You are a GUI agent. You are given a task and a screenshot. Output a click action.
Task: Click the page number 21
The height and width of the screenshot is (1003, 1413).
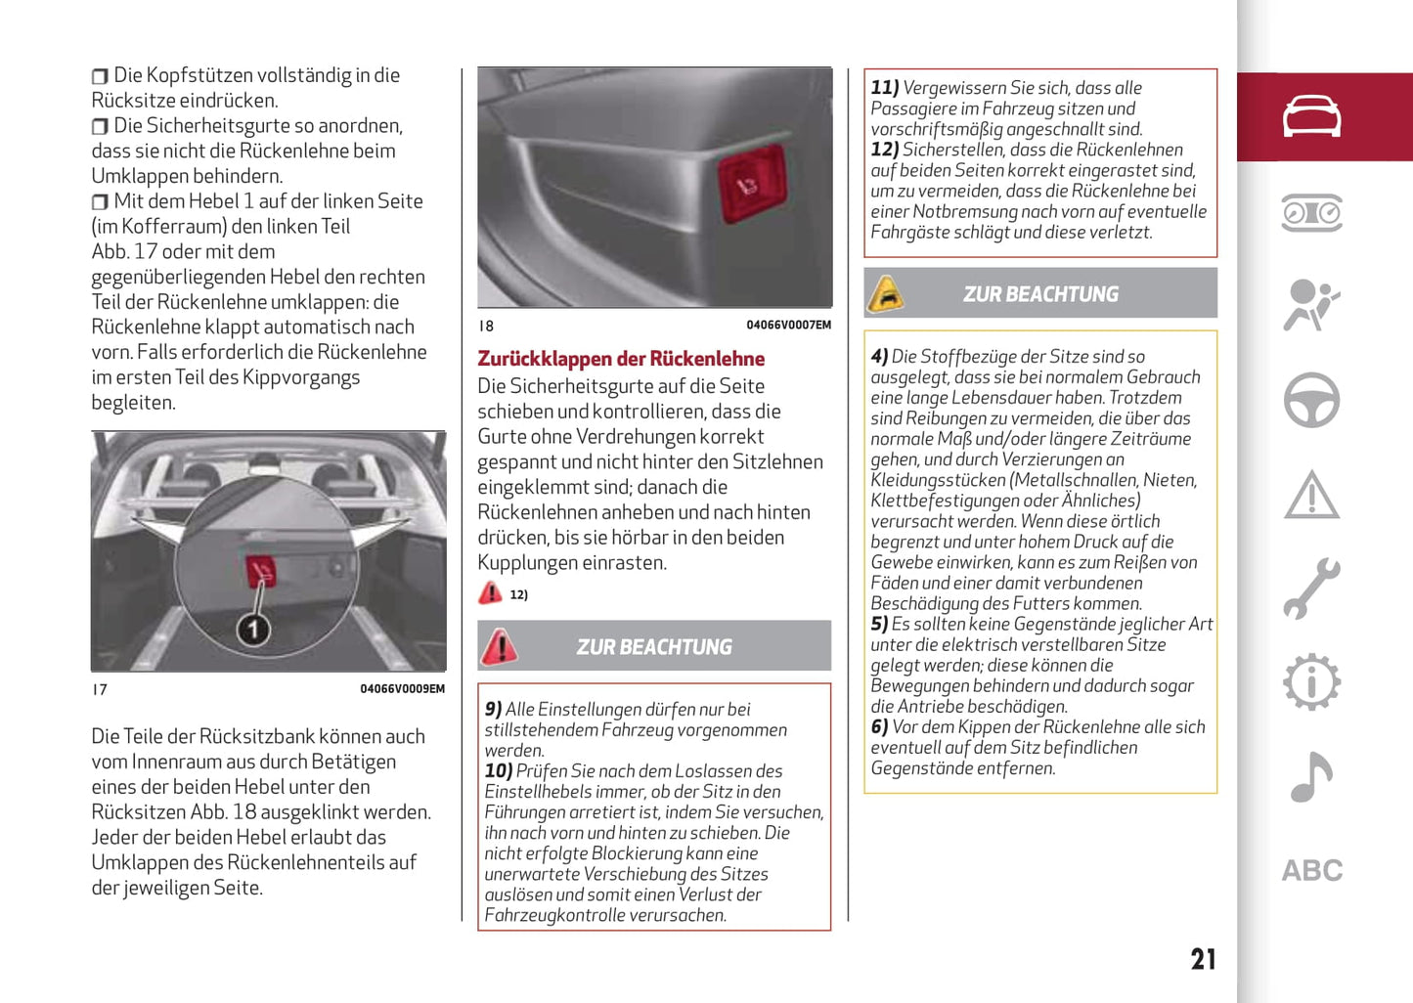pyautogui.click(x=1203, y=959)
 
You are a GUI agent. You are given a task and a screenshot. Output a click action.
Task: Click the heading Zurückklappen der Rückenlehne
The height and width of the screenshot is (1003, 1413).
pyautogui.click(x=621, y=359)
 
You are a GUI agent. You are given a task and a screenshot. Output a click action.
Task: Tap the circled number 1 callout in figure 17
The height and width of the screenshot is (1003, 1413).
pyautogui.click(x=253, y=630)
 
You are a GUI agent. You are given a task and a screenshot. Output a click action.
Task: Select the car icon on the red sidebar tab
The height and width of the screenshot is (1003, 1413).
pyautogui.click(x=1311, y=116)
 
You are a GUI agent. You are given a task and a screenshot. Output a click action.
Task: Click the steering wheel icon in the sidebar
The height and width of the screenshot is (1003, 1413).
pyautogui.click(x=1311, y=400)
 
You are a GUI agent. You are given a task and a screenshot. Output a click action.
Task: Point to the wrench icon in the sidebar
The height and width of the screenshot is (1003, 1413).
pyautogui.click(x=1311, y=589)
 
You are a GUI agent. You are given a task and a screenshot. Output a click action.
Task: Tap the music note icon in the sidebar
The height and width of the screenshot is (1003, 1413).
pyautogui.click(x=1311, y=777)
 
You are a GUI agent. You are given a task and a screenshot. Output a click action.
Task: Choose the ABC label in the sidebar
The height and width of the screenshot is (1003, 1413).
pyautogui.click(x=1312, y=870)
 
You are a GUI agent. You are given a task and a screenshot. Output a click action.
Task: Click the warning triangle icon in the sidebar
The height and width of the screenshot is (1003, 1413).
pyautogui.click(x=1311, y=495)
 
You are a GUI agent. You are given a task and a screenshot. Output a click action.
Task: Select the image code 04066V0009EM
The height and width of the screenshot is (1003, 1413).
pyautogui.click(x=402, y=689)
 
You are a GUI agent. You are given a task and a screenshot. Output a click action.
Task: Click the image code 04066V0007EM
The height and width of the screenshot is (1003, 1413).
pyautogui.click(x=788, y=326)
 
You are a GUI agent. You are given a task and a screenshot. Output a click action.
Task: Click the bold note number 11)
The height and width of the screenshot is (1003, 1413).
pyautogui.click(x=885, y=88)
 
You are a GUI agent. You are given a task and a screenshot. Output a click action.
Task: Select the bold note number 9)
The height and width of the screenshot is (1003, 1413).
pyautogui.click(x=494, y=710)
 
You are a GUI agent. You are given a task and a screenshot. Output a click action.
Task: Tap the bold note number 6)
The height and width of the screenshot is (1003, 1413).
pyautogui.click(x=880, y=727)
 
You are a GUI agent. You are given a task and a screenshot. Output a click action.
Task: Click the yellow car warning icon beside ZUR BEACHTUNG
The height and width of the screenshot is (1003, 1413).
pyautogui.click(x=886, y=293)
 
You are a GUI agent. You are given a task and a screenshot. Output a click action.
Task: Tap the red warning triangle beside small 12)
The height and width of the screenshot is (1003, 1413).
pyautogui.click(x=490, y=593)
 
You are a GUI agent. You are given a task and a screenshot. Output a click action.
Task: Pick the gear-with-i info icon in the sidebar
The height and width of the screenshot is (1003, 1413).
pyautogui.click(x=1311, y=682)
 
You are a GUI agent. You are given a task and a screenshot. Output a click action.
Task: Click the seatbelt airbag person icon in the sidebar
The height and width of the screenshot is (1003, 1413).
pyautogui.click(x=1311, y=305)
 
